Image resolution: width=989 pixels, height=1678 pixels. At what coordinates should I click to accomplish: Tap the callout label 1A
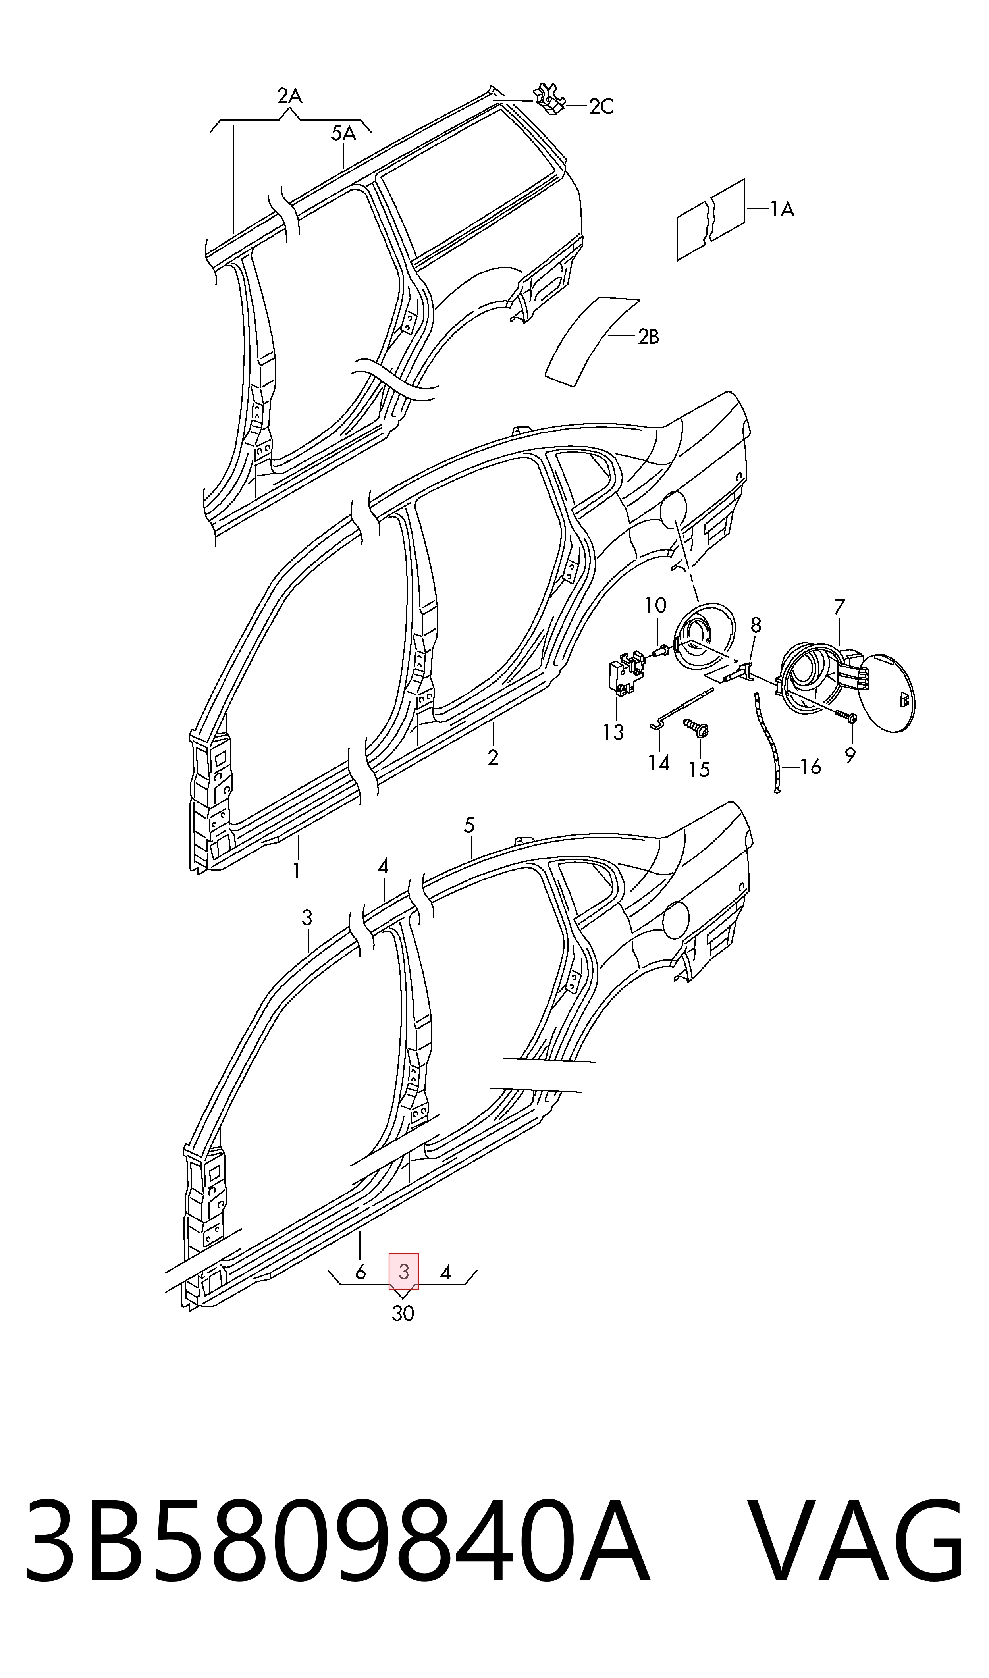tap(783, 210)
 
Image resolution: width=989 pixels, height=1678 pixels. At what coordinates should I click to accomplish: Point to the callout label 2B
tap(648, 337)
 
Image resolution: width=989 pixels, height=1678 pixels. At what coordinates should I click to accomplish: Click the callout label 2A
tap(290, 96)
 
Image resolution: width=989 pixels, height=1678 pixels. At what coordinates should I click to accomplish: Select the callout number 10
tap(655, 605)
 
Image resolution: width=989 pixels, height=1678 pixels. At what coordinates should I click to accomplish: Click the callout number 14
tap(658, 763)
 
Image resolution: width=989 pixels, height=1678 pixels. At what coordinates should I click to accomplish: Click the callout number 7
tap(839, 607)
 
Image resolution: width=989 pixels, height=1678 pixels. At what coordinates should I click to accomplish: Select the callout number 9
tap(850, 755)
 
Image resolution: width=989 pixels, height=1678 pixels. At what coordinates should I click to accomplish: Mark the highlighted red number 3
tap(404, 1272)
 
